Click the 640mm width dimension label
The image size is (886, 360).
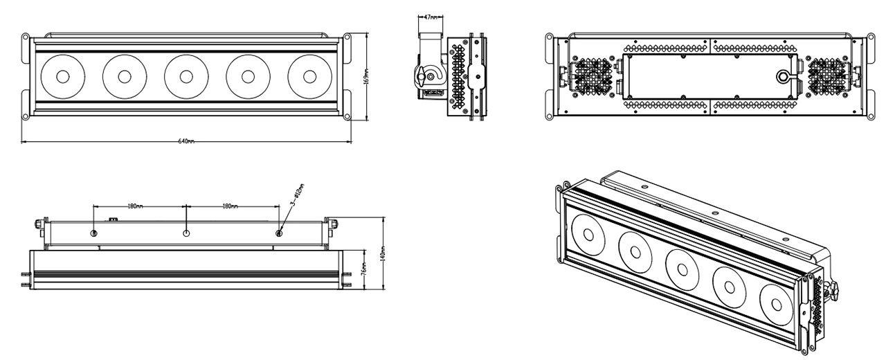click(186, 141)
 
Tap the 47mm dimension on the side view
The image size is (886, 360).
click(429, 15)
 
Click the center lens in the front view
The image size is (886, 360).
click(186, 76)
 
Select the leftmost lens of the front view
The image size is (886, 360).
click(62, 76)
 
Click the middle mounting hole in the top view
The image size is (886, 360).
click(186, 233)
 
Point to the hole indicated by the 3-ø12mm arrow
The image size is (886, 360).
click(279, 233)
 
